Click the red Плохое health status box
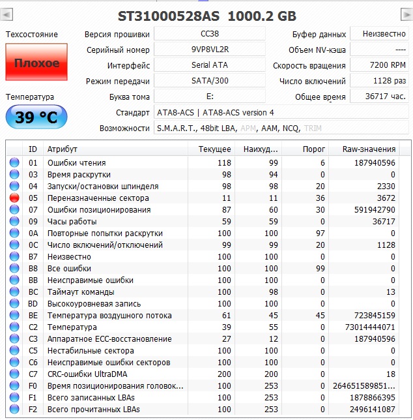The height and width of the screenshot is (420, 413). point(36,63)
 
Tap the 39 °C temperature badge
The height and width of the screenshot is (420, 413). point(36,117)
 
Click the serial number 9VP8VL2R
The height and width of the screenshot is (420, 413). point(210,50)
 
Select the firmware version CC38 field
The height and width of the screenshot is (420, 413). point(210,34)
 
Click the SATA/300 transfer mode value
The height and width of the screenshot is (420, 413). point(210,81)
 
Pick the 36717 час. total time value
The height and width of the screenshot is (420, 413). point(377,97)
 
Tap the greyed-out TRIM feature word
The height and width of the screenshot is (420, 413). point(313,128)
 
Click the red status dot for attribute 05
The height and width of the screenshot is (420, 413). point(14,198)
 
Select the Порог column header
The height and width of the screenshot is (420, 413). point(314,149)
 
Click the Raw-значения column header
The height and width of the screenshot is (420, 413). point(369,149)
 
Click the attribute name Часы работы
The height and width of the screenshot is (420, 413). point(72,222)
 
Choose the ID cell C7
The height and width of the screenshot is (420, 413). point(33,374)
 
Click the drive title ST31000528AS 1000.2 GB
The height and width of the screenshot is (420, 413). point(206,15)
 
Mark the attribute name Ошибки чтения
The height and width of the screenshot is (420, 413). point(76,163)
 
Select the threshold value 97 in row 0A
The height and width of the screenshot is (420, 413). point(320,233)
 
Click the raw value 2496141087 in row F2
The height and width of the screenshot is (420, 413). point(372,409)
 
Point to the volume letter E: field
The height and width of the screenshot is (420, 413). point(210,97)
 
